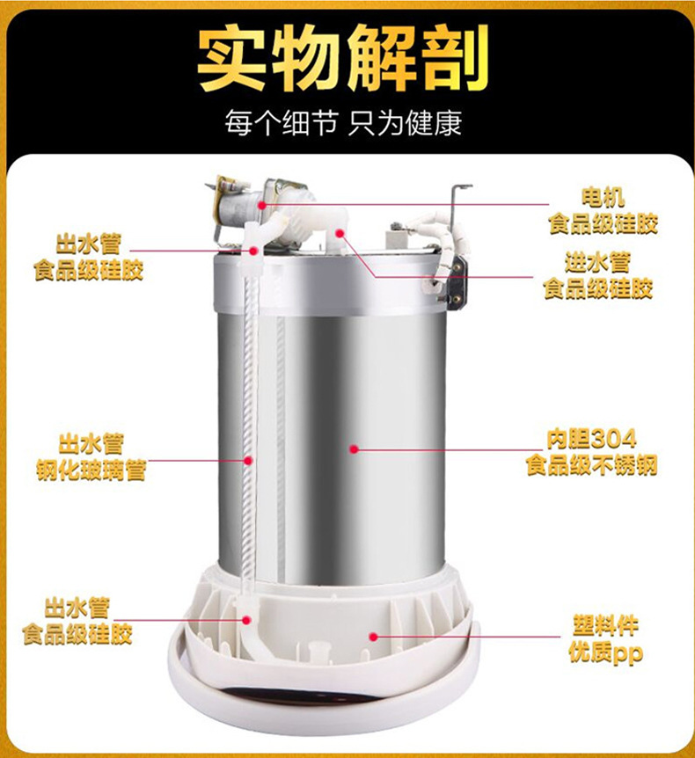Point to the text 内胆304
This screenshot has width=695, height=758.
click(x=590, y=439)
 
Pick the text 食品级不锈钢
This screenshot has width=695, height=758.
click(x=591, y=465)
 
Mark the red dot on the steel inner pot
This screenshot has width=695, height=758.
click(x=354, y=449)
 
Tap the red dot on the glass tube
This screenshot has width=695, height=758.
click(x=249, y=459)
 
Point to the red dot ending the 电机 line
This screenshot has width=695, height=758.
click(x=262, y=205)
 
